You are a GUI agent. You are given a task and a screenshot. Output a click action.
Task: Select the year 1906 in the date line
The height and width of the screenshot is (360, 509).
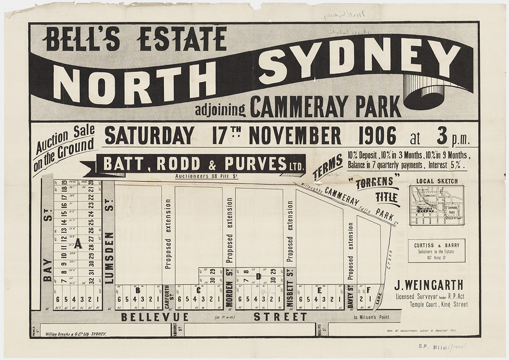click(377, 136)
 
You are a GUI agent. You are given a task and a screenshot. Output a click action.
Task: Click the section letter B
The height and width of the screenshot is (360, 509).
click(137, 290)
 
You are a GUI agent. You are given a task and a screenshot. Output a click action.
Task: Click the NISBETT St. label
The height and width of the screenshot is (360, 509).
click(290, 293)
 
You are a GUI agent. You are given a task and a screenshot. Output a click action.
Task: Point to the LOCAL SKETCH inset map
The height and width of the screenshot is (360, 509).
click(436, 205)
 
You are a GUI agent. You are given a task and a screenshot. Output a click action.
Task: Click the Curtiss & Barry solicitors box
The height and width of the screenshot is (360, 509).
click(436, 250)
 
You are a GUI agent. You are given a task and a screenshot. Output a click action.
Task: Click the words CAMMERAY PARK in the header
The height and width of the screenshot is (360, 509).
click(325, 107)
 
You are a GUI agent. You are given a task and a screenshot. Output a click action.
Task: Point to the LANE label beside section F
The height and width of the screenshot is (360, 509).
click(379, 298)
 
